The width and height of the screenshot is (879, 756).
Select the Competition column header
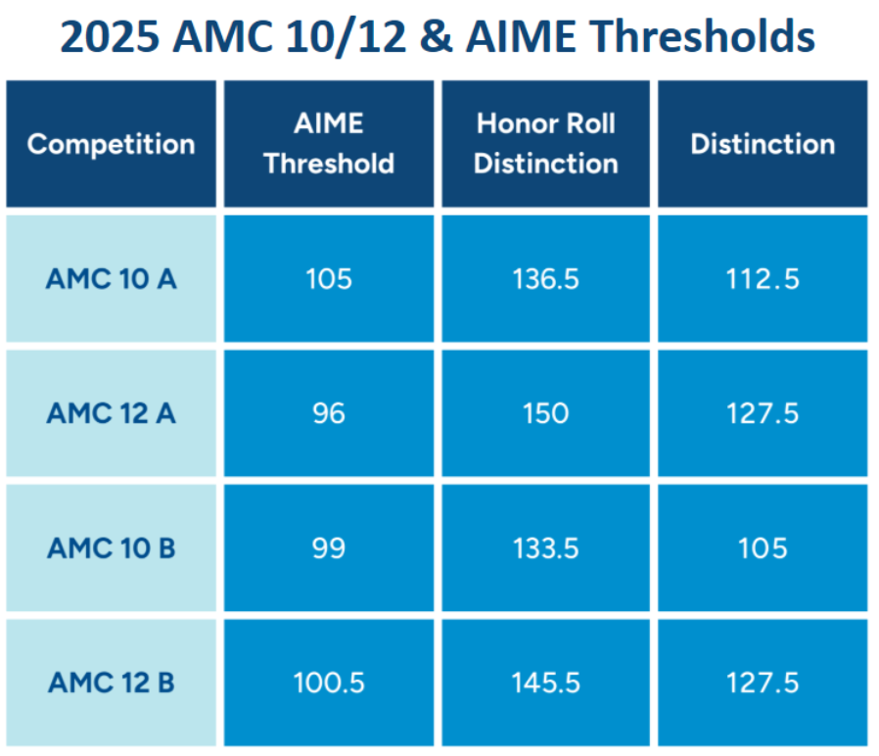point(111,144)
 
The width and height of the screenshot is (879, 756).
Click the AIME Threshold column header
point(329,144)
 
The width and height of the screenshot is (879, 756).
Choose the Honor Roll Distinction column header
point(546,144)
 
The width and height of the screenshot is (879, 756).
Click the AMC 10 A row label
point(111,279)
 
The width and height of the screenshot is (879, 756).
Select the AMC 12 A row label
point(111,412)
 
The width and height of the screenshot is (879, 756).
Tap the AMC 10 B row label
point(111,546)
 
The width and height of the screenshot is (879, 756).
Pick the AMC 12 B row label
point(111,682)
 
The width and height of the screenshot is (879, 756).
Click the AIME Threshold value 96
point(329,412)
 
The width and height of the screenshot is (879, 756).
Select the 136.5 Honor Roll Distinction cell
point(546,279)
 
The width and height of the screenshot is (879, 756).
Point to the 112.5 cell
point(763,279)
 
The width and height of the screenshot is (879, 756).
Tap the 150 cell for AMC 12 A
point(546,412)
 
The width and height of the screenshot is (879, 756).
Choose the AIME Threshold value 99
point(329,546)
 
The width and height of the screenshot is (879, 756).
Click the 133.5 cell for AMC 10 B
point(546,546)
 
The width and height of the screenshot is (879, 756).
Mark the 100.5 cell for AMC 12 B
point(329,682)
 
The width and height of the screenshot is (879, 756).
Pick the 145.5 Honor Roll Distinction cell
point(546,682)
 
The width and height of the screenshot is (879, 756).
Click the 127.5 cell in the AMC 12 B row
point(763,682)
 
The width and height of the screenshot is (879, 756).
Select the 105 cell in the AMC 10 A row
point(329,279)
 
